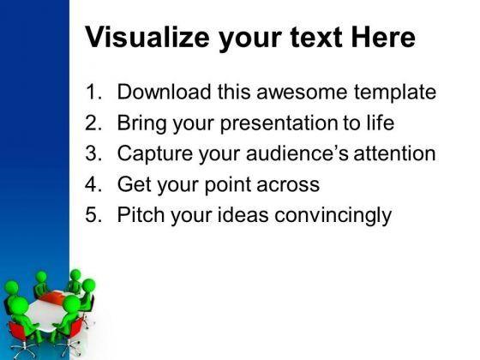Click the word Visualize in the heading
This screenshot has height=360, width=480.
(147, 38)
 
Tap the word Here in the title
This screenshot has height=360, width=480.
(383, 38)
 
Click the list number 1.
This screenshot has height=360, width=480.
(93, 92)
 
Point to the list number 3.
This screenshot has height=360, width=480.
(93, 153)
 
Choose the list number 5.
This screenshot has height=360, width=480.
(93, 214)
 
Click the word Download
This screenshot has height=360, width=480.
(165, 92)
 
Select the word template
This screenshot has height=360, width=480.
(395, 93)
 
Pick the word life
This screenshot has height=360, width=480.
(381, 123)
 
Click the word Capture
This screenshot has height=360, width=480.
(155, 154)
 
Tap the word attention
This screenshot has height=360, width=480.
(394, 153)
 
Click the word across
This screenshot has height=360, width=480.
(288, 185)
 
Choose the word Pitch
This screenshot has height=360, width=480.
(141, 214)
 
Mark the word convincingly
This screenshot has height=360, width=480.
(333, 216)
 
